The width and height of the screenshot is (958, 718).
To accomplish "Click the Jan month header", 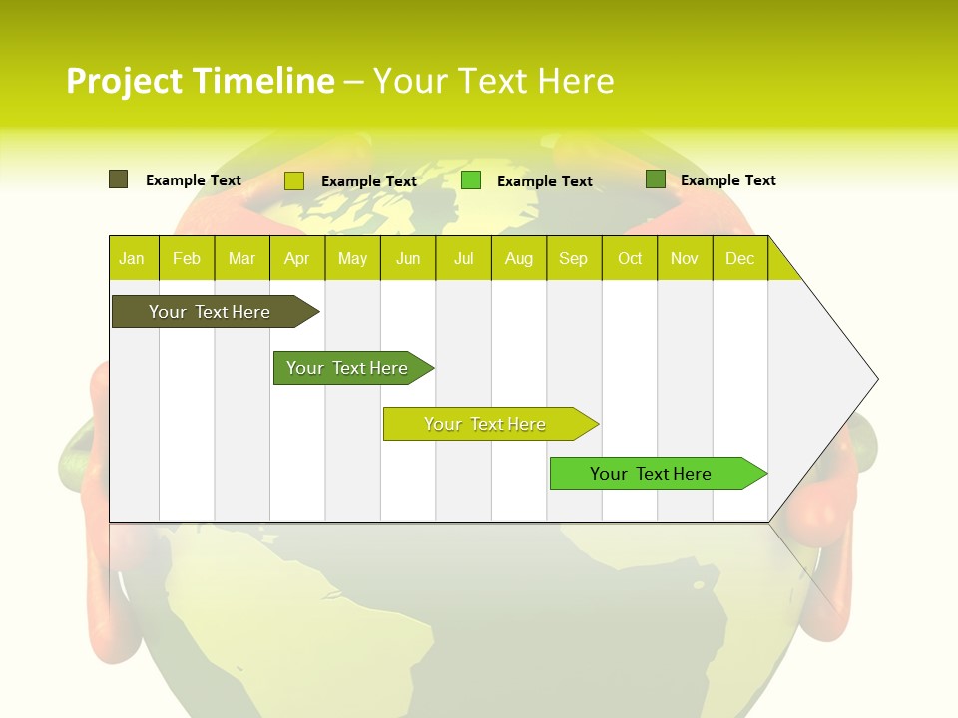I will [x=133, y=258].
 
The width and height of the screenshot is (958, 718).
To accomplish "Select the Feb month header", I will [x=187, y=258].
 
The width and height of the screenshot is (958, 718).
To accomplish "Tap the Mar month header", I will [x=241, y=258].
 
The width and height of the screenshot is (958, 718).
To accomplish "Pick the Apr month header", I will [x=297, y=258].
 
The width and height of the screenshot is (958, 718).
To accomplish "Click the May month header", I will [x=352, y=258].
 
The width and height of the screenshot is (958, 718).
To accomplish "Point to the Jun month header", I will [x=408, y=258].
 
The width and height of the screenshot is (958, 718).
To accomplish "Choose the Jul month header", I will [x=463, y=258].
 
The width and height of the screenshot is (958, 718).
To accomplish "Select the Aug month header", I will [x=519, y=258].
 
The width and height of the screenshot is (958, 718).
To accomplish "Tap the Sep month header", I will [x=574, y=258].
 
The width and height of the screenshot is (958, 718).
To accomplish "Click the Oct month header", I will [x=630, y=258].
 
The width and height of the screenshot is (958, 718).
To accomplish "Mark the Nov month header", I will [x=685, y=258].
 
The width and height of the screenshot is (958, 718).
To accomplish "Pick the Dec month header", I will [x=740, y=258].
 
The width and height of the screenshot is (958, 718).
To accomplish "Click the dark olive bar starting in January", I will [x=210, y=312].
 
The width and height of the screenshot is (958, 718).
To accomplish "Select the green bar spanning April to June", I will [x=347, y=368].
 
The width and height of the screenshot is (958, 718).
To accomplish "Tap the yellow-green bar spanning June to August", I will [x=485, y=424].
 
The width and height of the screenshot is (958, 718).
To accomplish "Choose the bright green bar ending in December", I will [x=651, y=474].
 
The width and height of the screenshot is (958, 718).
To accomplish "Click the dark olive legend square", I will [x=118, y=179].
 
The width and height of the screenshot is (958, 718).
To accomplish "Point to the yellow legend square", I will [x=294, y=180].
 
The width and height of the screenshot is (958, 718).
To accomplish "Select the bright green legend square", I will [x=471, y=180].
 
